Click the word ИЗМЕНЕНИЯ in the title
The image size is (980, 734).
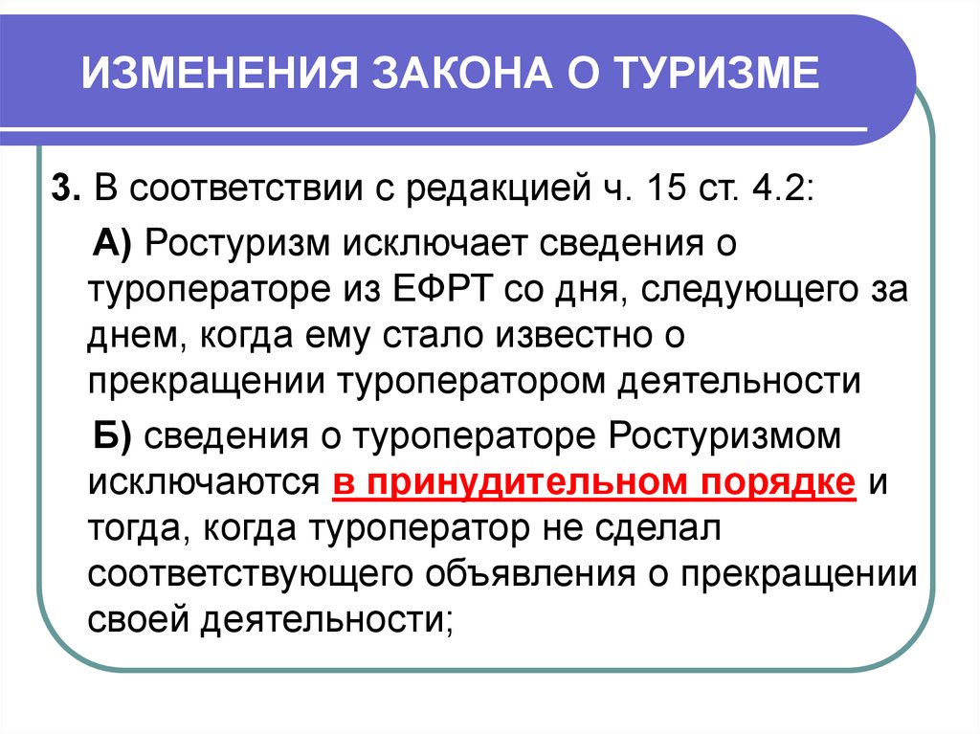pos(219,73)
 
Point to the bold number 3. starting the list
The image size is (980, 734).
pos(66,188)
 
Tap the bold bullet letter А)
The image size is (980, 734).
pos(113,243)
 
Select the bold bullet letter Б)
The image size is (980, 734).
pos(113,435)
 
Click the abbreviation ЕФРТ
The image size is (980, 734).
pos(441,289)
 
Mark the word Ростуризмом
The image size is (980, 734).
pos(724,437)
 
